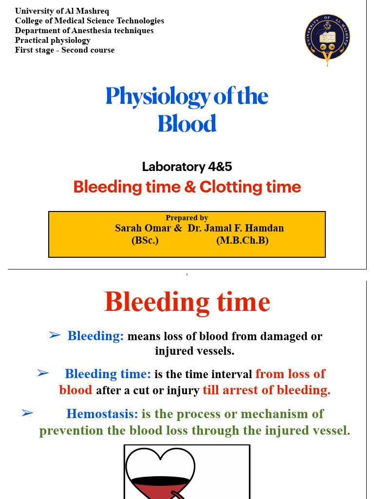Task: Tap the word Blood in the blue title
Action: click(x=187, y=124)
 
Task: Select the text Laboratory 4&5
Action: click(x=187, y=167)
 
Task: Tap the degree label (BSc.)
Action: click(x=145, y=240)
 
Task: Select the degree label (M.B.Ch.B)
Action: click(x=243, y=240)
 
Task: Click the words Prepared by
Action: click(x=187, y=218)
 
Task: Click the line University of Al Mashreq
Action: click(x=62, y=11)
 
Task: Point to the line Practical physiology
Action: click(x=53, y=40)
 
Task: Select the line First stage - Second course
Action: click(x=65, y=50)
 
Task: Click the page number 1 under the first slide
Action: click(x=187, y=275)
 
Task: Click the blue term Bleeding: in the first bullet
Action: click(x=96, y=336)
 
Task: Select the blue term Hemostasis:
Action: click(x=102, y=414)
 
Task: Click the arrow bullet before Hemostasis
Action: click(x=27, y=413)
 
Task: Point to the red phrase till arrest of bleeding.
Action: click(x=266, y=390)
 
